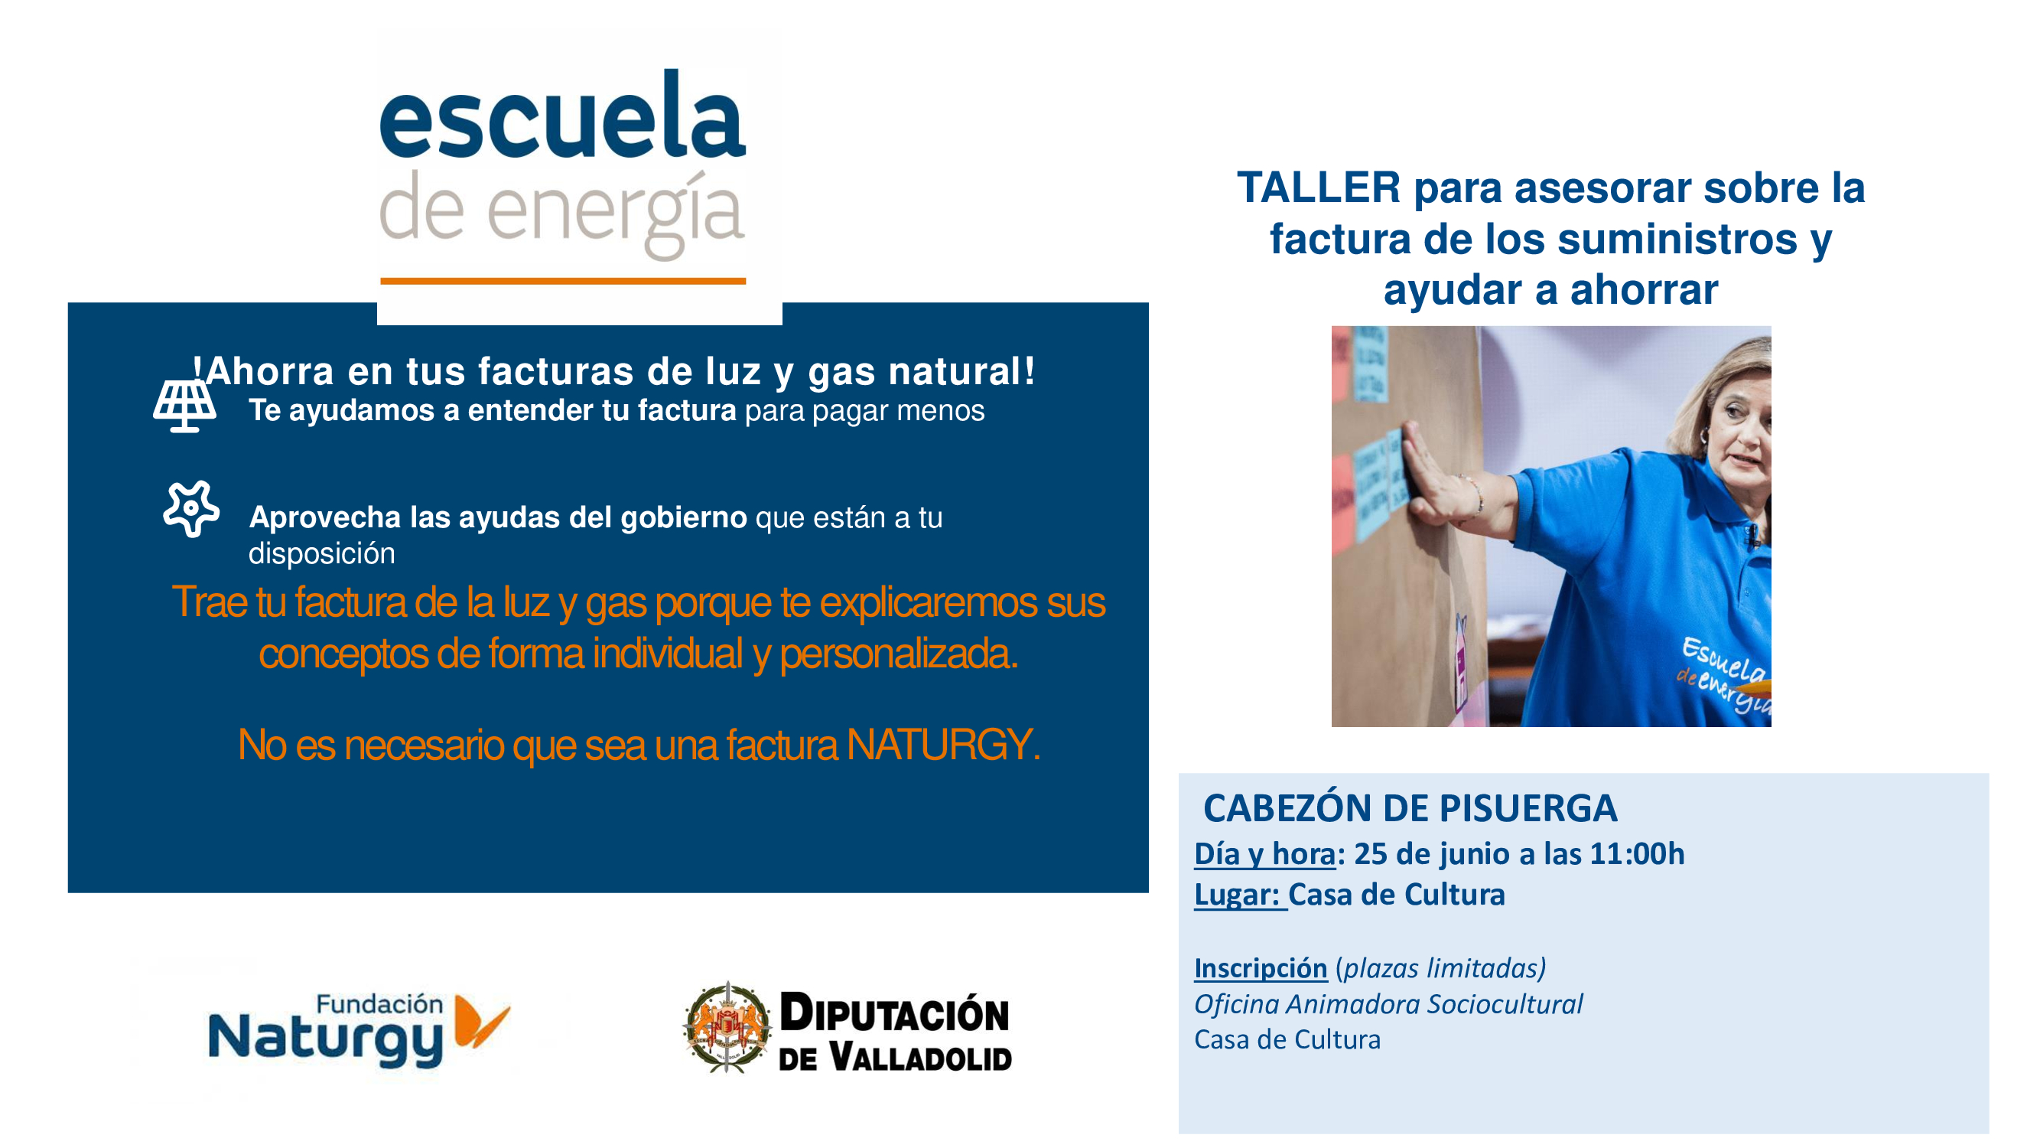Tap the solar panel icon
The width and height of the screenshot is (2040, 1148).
coord(184,406)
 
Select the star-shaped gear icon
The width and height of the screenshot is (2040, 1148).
coord(191,509)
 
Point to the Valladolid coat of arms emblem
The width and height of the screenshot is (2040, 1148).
coord(727,1028)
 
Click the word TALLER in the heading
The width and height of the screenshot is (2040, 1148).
coord(1319,188)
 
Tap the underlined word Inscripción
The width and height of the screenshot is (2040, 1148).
coord(1261,968)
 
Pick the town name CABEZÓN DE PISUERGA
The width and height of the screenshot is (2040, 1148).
coord(1410,808)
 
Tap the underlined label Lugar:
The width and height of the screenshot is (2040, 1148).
coord(1238,895)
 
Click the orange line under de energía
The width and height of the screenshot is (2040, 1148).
coord(563,280)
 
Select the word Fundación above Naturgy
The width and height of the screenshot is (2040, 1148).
coord(379,1004)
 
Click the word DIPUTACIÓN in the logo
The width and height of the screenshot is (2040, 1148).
coord(894,1013)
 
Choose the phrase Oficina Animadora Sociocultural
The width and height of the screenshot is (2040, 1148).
coord(1388,1004)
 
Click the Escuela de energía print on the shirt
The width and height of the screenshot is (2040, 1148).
coord(1723,674)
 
